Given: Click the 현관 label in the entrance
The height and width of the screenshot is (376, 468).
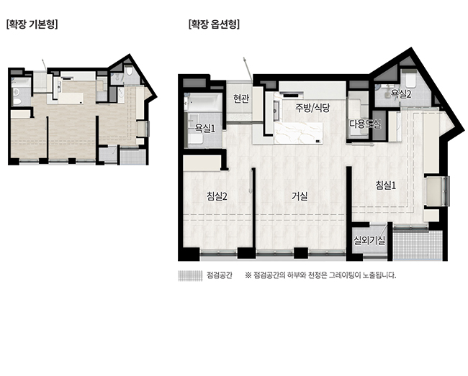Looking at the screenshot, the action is [x=241, y=98].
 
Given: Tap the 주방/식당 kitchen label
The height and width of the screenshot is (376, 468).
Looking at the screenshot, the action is [x=312, y=108].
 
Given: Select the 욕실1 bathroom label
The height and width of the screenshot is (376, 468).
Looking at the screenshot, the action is [x=205, y=128].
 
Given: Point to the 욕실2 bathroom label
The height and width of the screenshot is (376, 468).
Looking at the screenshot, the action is [x=401, y=94].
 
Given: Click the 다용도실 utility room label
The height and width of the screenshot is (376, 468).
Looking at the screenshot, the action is [x=365, y=124].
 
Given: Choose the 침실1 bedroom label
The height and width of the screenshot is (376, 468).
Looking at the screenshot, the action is [x=386, y=185].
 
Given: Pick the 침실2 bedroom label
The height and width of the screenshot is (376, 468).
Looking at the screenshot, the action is [x=217, y=196].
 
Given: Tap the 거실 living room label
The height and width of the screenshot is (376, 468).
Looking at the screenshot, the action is [x=300, y=196].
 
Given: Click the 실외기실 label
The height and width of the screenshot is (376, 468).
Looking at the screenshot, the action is [x=369, y=240].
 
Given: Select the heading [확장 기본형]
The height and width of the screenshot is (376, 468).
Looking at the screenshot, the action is [x=32, y=24].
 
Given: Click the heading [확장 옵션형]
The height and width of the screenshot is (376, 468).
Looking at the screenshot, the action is [x=214, y=24].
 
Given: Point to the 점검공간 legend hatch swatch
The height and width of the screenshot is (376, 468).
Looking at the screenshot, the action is [x=190, y=275].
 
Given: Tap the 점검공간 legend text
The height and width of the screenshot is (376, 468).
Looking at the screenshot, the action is [x=220, y=275].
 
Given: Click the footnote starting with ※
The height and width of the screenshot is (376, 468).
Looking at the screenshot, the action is [x=320, y=275].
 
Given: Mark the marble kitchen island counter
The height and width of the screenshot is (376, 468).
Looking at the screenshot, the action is [x=298, y=133].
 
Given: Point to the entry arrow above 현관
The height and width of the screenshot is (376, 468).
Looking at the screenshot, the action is [x=248, y=69].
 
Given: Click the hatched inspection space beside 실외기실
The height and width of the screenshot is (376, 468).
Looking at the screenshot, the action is [x=417, y=245].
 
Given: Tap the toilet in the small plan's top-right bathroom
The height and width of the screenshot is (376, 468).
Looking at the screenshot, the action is [x=129, y=71].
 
